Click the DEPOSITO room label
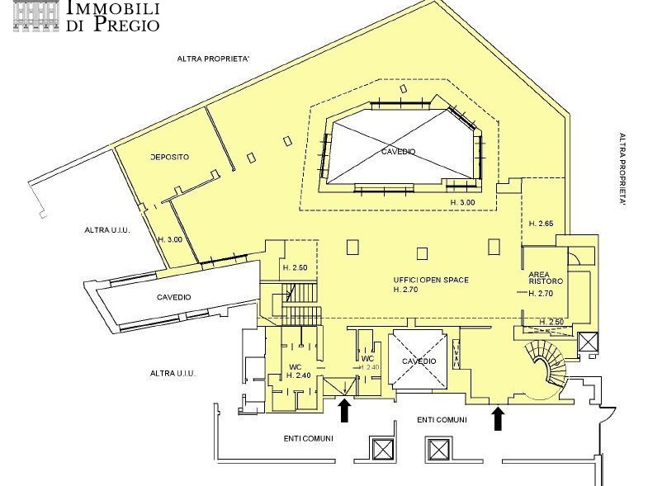170,157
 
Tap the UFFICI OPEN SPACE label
431,280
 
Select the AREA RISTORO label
546,278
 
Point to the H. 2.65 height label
541,224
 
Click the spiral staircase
546,366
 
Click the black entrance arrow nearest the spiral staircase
499,418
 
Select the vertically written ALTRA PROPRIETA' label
622,170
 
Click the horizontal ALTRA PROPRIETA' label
213,59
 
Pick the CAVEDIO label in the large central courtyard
399,152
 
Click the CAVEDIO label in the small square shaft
419,361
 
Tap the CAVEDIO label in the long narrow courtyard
174,297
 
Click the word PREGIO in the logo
126,24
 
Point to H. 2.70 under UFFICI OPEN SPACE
405,290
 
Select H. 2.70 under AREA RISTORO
541,294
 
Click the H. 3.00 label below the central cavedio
462,202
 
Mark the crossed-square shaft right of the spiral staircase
587,342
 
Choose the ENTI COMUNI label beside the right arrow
442,420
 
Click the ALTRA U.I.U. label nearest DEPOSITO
107,230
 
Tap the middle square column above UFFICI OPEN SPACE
422,253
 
